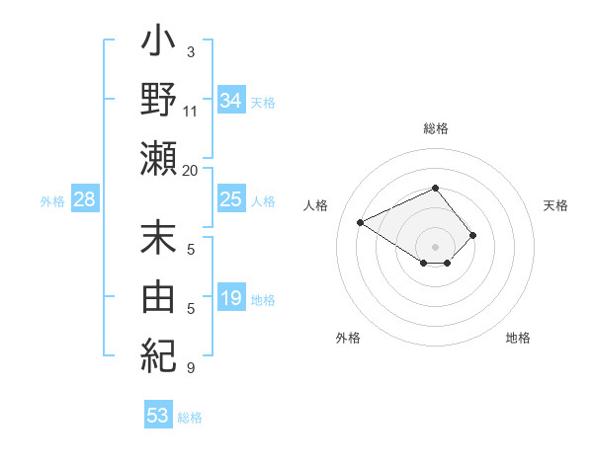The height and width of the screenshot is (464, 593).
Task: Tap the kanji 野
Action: pos(159,101)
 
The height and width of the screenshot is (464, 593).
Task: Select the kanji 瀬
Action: pos(159,157)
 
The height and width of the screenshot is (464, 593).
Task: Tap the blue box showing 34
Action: pos(231,101)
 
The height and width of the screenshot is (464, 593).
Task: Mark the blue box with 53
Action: pos(158,416)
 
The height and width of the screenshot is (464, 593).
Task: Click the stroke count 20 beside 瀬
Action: pos(190,170)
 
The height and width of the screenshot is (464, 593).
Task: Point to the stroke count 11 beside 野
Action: pos(191,111)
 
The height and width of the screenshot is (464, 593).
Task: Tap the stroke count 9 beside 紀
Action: pos(191,368)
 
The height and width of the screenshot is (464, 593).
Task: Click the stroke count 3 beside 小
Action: pos(191,51)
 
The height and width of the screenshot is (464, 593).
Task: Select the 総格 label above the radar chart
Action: pos(436,128)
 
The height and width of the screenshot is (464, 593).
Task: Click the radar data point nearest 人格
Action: pos(361,223)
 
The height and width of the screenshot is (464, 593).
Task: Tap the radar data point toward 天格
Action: pos(473,235)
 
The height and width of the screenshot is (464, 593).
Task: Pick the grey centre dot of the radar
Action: pos(436,246)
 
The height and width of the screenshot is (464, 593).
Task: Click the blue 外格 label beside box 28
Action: pos(52,201)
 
